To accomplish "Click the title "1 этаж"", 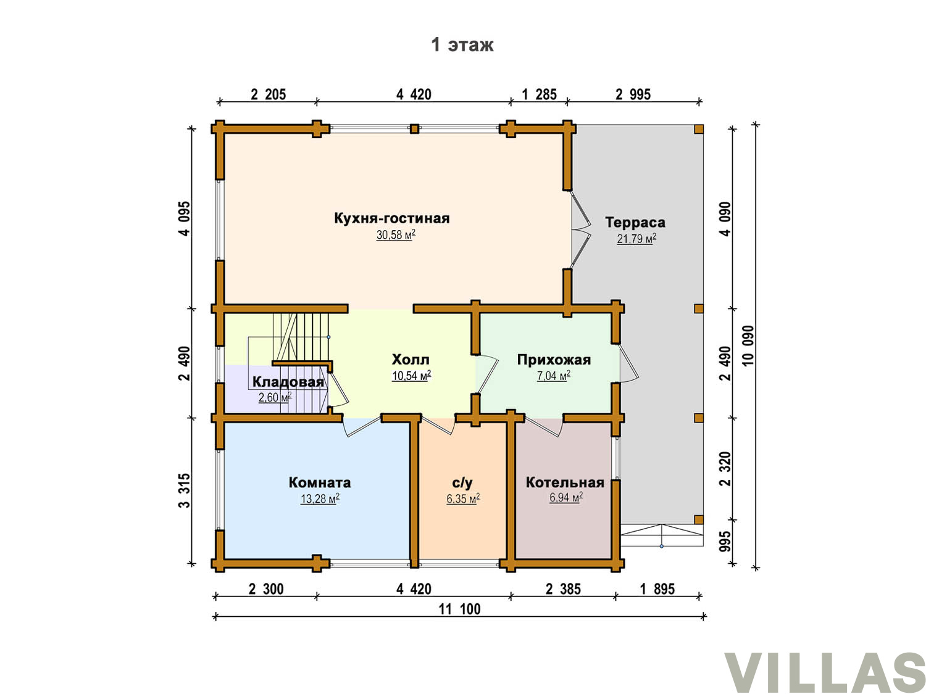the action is pyautogui.click(x=462, y=44).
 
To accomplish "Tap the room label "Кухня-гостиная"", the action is pyautogui.click(x=392, y=218).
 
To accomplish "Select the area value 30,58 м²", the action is pyautogui.click(x=396, y=234).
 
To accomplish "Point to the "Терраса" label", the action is pyautogui.click(x=635, y=222).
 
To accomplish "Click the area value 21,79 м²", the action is pyautogui.click(x=636, y=239).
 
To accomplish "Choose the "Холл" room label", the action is pyautogui.click(x=411, y=360).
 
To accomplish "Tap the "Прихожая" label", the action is pyautogui.click(x=554, y=360).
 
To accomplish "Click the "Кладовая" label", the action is pyautogui.click(x=288, y=382).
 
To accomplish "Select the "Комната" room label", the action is pyautogui.click(x=320, y=482).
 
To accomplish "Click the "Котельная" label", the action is pyautogui.click(x=565, y=482).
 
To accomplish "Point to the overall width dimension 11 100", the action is pyautogui.click(x=459, y=609).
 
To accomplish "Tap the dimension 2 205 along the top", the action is pyautogui.click(x=269, y=94).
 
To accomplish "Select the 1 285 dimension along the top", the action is pyautogui.click(x=539, y=94).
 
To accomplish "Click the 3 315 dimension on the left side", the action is pyautogui.click(x=185, y=491).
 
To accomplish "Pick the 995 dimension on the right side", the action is pyautogui.click(x=725, y=542).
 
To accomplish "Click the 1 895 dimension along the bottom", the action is pyautogui.click(x=657, y=589).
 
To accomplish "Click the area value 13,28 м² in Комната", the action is pyautogui.click(x=320, y=499).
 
